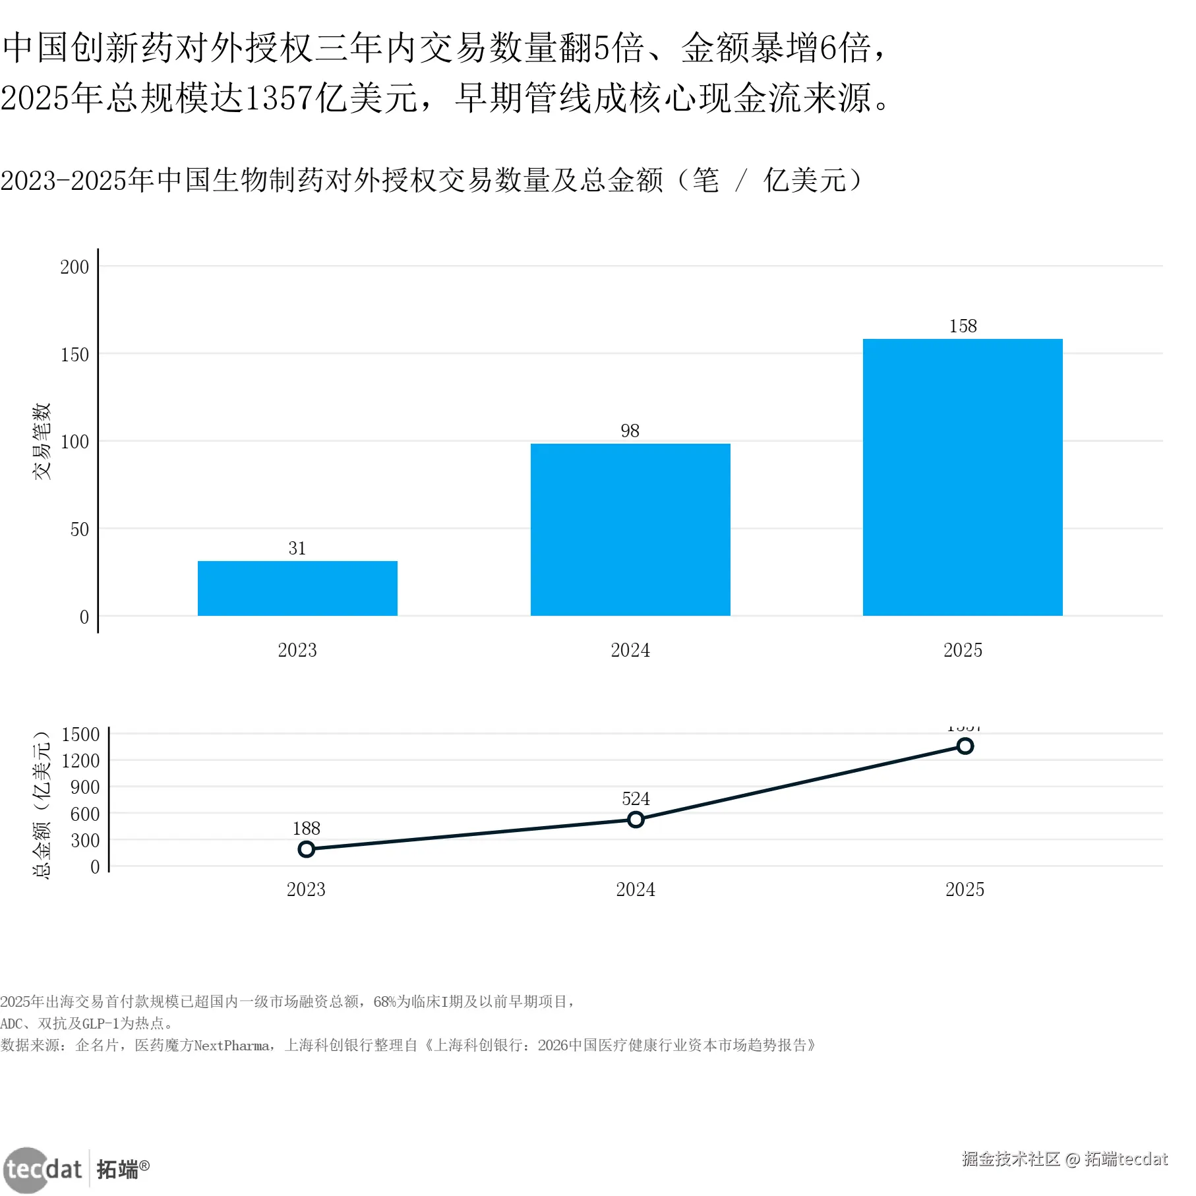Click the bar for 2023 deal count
tap(297, 588)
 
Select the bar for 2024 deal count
tap(630, 529)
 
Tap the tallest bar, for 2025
tap(963, 477)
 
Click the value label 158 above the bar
tap(963, 326)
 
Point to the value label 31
tap(297, 548)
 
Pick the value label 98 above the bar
tap(630, 431)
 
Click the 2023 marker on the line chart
tap(306, 849)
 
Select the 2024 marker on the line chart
tap(636, 820)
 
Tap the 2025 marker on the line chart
tap(965, 746)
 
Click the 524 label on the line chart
tap(636, 798)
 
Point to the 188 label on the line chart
tap(306, 828)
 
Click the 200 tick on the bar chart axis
tap(75, 267)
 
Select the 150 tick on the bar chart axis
tap(75, 355)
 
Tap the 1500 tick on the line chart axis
tap(80, 734)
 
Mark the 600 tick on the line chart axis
tap(85, 814)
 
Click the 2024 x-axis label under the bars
tap(630, 650)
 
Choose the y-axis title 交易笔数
tap(42, 441)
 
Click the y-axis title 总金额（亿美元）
tap(42, 804)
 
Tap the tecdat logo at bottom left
tap(44, 1170)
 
